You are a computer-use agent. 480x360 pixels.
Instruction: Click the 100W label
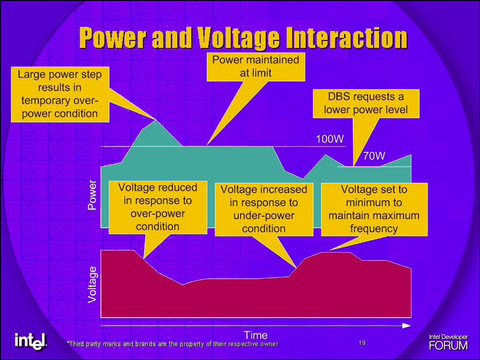pyautogui.click(x=330, y=139)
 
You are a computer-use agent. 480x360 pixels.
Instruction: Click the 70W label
pyautogui.click(x=374, y=156)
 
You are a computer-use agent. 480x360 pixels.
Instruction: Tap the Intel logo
pyautogui.click(x=30, y=341)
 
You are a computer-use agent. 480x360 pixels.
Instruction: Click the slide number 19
pyautogui.click(x=362, y=343)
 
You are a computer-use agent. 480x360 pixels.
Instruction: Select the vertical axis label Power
pyautogui.click(x=92, y=195)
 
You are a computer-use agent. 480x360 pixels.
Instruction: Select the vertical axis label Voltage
pyautogui.click(x=92, y=285)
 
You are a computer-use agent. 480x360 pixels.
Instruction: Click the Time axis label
pyautogui.click(x=256, y=335)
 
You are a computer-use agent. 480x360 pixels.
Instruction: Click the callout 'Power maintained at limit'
pyautogui.click(x=256, y=66)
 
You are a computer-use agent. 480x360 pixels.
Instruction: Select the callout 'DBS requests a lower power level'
pyautogui.click(x=366, y=103)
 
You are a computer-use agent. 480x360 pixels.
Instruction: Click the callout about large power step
pyautogui.click(x=60, y=94)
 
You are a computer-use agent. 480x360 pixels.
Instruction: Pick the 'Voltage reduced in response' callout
pyautogui.click(x=158, y=207)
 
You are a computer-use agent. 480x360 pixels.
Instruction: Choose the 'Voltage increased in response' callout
pyautogui.click(x=264, y=209)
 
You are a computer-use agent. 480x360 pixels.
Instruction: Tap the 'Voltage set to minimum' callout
pyautogui.click(x=374, y=209)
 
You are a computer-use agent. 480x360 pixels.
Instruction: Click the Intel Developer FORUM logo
pyautogui.click(x=449, y=342)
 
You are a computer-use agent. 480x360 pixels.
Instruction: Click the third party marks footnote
pyautogui.click(x=173, y=344)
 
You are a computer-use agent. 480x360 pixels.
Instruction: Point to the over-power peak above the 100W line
pyautogui.click(x=156, y=120)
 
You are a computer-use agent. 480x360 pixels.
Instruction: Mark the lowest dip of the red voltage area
pyautogui.click(x=183, y=285)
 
